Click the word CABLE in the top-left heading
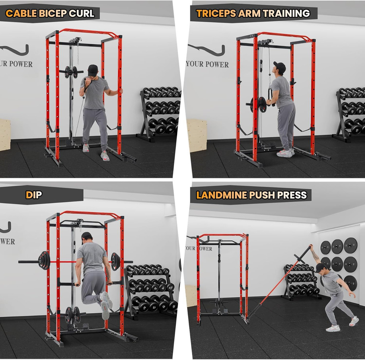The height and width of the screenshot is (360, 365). [x=21, y=14]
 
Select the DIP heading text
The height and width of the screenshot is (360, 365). [x=34, y=195]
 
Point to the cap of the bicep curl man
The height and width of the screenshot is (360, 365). [x=93, y=70]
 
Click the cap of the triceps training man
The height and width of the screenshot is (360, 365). [x=280, y=67]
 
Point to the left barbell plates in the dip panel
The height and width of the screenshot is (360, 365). [x=44, y=260]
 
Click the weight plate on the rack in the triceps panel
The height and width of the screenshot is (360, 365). [x=262, y=104]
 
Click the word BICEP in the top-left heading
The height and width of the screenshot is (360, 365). [x=55, y=14]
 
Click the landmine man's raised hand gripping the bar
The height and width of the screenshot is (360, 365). [x=311, y=247]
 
